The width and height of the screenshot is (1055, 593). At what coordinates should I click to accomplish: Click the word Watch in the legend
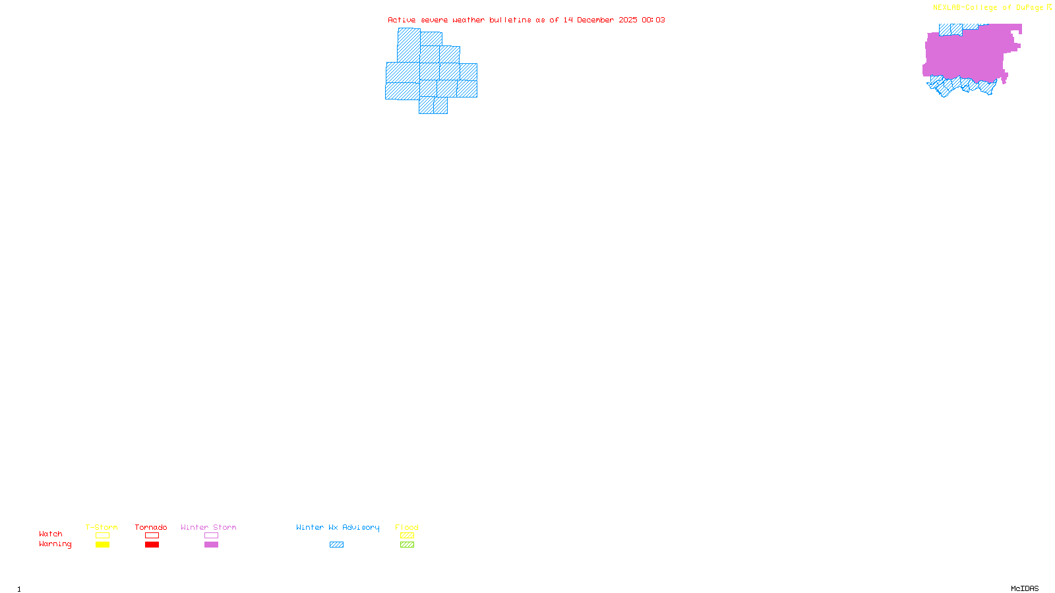tap(51, 534)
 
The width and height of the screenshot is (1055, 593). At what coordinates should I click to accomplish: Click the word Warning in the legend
tap(55, 544)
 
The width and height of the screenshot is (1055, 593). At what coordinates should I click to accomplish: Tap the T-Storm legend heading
tap(102, 527)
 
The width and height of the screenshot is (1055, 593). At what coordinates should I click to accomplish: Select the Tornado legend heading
tap(151, 527)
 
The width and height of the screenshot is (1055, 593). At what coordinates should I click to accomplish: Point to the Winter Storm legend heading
tap(208, 527)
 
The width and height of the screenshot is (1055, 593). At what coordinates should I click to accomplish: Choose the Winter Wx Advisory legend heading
tap(338, 527)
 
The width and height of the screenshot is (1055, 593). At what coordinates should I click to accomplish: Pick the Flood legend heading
tap(407, 527)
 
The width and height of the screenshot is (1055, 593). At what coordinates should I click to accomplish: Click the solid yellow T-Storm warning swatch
tap(102, 545)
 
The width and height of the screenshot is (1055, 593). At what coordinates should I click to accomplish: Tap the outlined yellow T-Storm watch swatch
tap(102, 536)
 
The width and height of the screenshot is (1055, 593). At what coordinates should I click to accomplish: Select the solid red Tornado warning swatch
tap(152, 545)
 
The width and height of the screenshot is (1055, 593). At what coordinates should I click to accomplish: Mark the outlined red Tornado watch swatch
tap(152, 536)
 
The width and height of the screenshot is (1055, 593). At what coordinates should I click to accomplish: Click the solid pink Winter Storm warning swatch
tap(211, 545)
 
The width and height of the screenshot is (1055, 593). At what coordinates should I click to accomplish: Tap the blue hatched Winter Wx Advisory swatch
tap(336, 545)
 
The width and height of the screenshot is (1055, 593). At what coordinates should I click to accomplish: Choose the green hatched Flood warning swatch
tap(407, 545)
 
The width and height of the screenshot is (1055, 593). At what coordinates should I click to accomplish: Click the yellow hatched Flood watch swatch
tap(407, 536)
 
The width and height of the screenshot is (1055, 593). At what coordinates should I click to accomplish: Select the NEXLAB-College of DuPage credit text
tap(988, 8)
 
